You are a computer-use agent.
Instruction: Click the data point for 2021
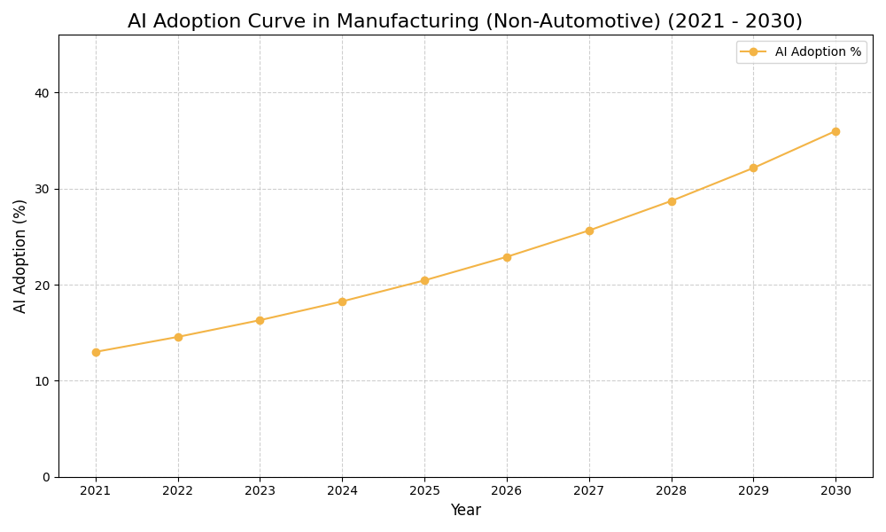point(96,352)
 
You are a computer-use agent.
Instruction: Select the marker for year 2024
point(342,301)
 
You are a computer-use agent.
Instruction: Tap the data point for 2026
point(507,257)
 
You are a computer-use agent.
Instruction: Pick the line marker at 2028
point(672,201)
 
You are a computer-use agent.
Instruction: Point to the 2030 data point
point(835,131)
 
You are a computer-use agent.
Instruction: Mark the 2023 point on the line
point(260,320)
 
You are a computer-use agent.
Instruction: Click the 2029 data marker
point(753,168)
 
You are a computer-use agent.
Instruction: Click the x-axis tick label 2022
point(178,490)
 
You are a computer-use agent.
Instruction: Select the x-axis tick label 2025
point(424,490)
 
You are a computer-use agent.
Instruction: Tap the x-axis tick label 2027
point(589,490)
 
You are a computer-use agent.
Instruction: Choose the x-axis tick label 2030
point(835,490)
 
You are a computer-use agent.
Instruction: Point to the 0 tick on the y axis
point(47,477)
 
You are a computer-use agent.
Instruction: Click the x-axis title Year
point(465,511)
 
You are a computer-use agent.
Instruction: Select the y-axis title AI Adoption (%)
point(20,255)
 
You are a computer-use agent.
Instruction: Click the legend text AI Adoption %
point(818,52)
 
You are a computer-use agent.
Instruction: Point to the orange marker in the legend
point(753,52)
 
